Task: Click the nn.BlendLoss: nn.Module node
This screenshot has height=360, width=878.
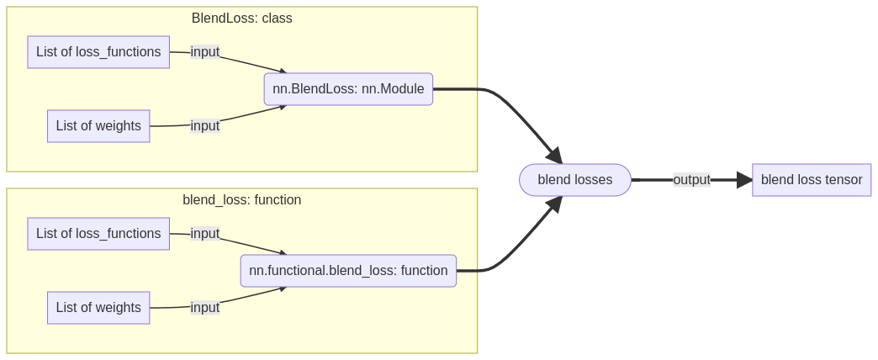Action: tap(348, 89)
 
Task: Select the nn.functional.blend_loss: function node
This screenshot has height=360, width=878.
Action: tap(348, 271)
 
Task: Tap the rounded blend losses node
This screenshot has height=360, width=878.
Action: tap(574, 180)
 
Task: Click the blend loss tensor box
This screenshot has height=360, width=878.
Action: tap(811, 180)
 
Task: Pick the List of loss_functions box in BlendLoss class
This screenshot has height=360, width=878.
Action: tap(98, 52)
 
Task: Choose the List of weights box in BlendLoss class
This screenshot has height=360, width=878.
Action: tap(98, 126)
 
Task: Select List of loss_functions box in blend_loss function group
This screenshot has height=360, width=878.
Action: tap(98, 234)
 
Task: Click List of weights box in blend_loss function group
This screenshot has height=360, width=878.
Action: tap(98, 308)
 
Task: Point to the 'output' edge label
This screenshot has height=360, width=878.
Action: tap(691, 180)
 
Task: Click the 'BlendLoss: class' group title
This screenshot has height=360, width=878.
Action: tap(241, 19)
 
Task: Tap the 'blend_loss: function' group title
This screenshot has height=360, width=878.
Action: tap(241, 200)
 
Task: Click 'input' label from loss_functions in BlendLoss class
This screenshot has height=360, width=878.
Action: tap(204, 52)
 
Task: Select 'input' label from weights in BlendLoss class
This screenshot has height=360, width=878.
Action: tap(204, 126)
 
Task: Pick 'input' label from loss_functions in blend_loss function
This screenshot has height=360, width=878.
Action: tap(204, 234)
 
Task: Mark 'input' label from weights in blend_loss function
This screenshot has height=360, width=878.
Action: tap(204, 308)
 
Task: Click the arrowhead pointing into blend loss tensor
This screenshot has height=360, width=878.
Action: tap(744, 180)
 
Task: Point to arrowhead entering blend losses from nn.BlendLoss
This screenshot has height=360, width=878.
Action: tap(553, 156)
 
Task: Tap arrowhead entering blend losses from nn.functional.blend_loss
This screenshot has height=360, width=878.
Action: tap(553, 204)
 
